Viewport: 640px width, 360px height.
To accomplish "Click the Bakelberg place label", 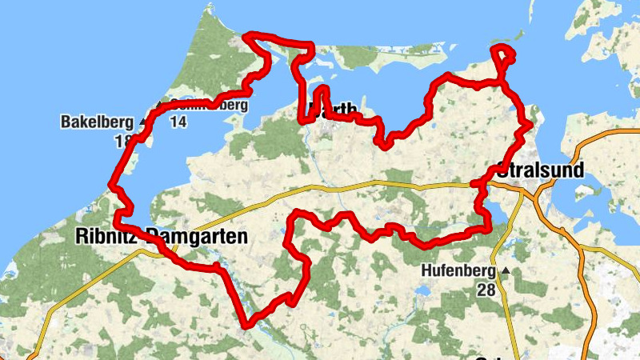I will click(96, 122).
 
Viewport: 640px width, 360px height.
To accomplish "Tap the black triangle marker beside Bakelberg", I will click(143, 122).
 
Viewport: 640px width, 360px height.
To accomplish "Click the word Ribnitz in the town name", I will click(106, 236).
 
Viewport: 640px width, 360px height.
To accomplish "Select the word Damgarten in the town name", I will click(198, 236).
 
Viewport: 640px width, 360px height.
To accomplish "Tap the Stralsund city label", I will click(541, 170).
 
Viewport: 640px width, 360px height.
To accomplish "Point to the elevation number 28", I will click(486, 290).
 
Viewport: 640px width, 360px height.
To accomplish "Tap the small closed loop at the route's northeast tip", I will click(502, 56).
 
